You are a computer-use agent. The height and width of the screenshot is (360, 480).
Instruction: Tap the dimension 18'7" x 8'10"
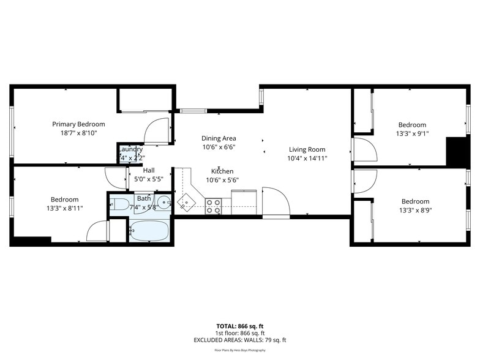click(78, 132)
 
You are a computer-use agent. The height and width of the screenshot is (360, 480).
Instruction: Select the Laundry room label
click(130, 149)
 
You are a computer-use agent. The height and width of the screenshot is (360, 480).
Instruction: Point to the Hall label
click(149, 170)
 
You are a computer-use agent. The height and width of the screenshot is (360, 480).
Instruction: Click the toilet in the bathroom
click(120, 204)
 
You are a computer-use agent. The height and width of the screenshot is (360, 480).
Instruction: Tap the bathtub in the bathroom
click(150, 230)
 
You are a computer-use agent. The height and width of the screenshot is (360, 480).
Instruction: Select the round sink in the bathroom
click(163, 202)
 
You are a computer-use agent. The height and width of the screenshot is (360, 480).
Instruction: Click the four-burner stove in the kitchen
click(213, 206)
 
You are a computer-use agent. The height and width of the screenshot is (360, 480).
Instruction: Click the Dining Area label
click(219, 138)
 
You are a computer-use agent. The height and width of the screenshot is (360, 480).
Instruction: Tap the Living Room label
click(307, 149)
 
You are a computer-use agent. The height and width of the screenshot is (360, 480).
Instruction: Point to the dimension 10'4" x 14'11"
click(307, 158)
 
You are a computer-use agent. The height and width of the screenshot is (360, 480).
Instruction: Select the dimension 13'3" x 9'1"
click(411, 133)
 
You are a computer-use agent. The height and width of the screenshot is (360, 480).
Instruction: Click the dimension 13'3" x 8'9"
click(415, 210)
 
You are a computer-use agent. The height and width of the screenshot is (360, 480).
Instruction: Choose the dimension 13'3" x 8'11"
click(64, 208)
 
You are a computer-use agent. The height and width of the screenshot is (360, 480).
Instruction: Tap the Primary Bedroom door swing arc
click(156, 130)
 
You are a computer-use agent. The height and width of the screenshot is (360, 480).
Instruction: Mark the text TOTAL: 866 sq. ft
click(240, 326)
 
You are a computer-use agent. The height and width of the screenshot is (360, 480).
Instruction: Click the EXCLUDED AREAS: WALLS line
click(240, 340)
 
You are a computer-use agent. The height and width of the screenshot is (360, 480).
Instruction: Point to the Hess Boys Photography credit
click(240, 350)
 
